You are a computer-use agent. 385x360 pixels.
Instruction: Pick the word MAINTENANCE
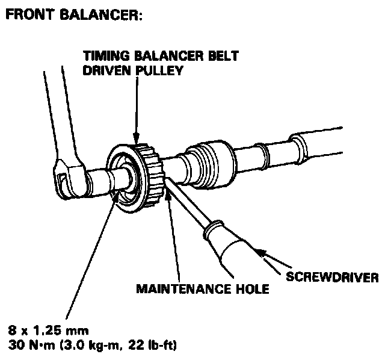click(180, 289)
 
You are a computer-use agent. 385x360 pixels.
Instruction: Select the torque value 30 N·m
click(31, 346)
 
